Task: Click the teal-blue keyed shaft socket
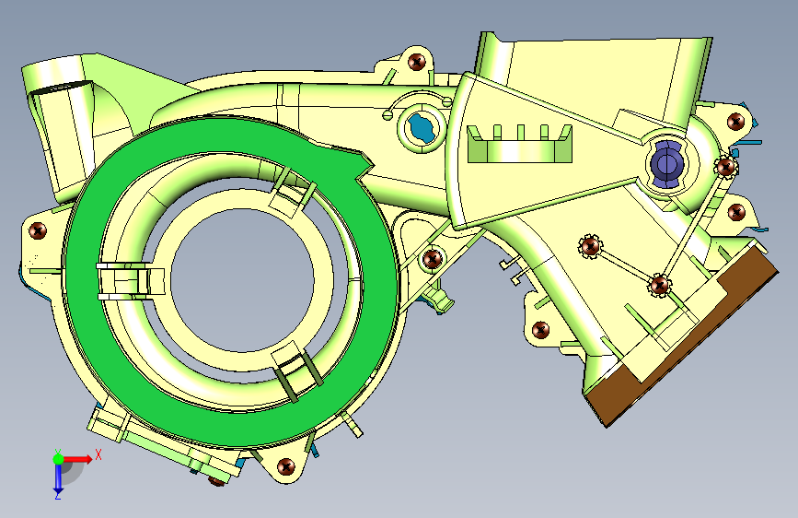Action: click(x=422, y=127)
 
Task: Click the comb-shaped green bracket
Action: click(x=520, y=145)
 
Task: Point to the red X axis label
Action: click(x=98, y=454)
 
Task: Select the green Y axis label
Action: click(x=58, y=452)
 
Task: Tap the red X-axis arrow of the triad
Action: click(x=77, y=459)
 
